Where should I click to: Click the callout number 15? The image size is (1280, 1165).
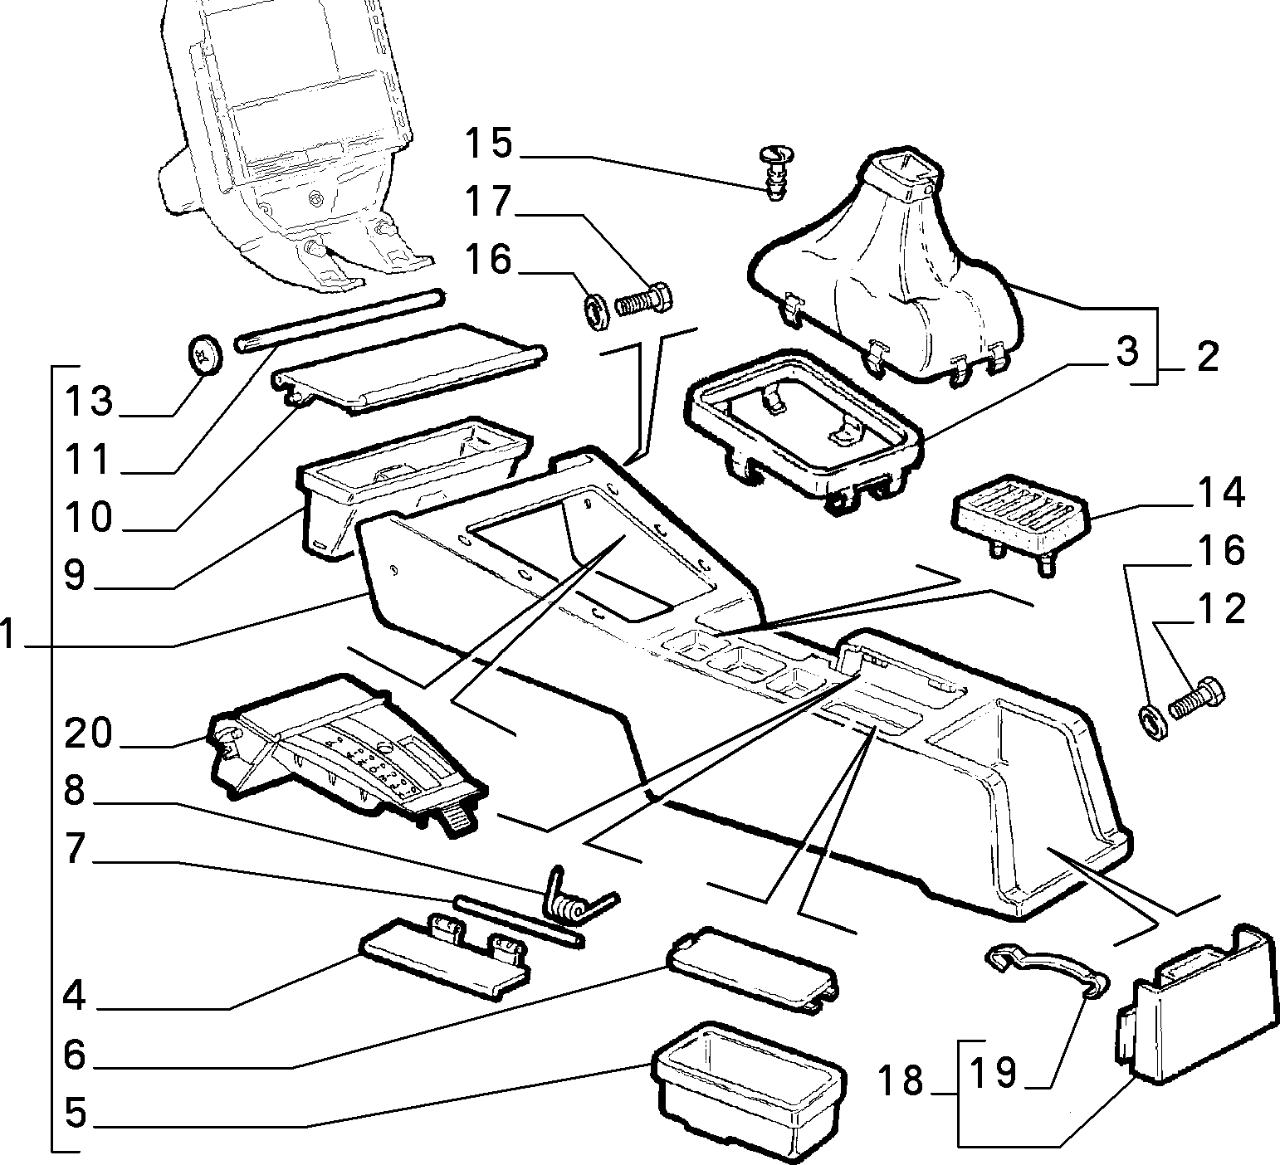point(488,143)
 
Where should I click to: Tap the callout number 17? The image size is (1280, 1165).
point(488,201)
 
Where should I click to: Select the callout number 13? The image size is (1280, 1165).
point(90,402)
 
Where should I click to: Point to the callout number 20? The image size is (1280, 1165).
point(89,734)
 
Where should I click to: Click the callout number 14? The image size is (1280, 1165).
point(1220,493)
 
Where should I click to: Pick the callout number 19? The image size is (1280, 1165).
point(994,1072)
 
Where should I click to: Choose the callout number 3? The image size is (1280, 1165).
point(1126,352)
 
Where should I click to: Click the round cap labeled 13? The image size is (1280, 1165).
point(203,354)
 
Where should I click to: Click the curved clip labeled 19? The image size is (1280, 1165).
point(1048,967)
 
